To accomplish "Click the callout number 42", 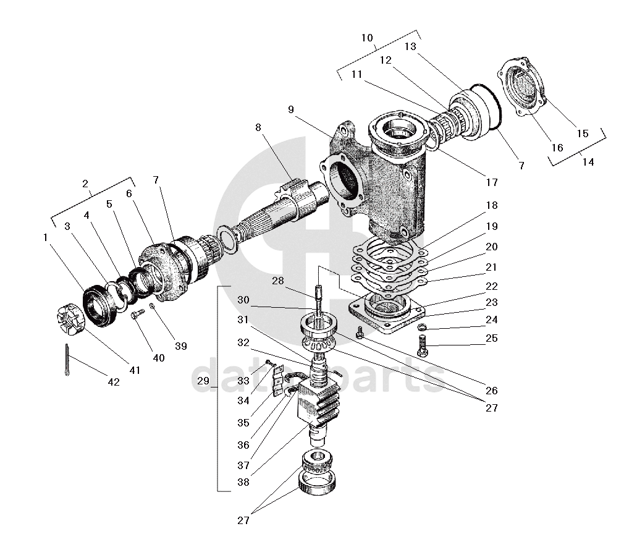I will tap(113, 382).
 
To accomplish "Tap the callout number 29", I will tap(204, 381).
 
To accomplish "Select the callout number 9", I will tap(290, 109).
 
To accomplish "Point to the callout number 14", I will tap(588, 162).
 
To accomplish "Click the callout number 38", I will tap(243, 483).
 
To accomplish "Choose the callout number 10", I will tap(368, 38).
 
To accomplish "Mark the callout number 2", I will tap(85, 184).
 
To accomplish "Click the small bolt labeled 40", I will tap(136, 315).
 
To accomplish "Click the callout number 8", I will tap(258, 128).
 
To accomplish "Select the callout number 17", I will tap(491, 182).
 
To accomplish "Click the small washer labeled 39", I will tap(152, 307).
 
